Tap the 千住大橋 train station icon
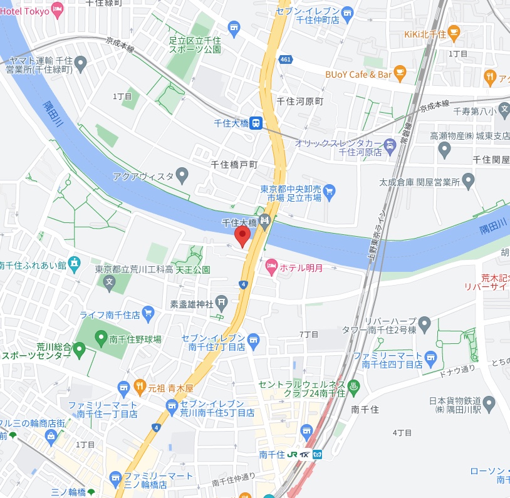[x=256, y=123]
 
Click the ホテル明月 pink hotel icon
[x=271, y=267]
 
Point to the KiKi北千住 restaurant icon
[x=454, y=33]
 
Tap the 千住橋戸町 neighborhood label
[x=234, y=164]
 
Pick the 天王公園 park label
[x=192, y=270]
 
